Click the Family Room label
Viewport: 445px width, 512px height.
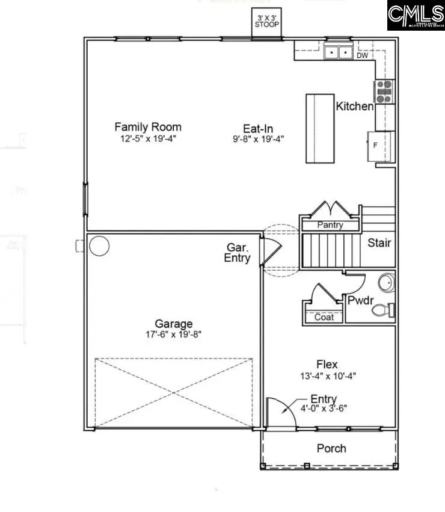coord(148,127)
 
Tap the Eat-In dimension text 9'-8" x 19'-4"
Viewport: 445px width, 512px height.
coord(259,138)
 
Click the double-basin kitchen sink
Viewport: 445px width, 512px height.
coord(339,53)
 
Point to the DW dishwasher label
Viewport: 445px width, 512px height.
coord(362,56)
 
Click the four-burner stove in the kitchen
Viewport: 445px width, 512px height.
coord(384,91)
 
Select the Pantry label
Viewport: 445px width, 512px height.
coord(330,225)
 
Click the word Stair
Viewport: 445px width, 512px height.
coord(379,243)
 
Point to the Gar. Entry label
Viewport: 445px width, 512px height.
coord(238,253)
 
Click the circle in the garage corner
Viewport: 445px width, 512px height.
coord(99,245)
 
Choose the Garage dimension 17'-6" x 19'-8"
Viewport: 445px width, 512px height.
coord(174,334)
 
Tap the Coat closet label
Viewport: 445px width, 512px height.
coord(324,317)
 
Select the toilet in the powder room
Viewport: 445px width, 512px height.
coord(382,310)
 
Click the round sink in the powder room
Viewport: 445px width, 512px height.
coord(385,282)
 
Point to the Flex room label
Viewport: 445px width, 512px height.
coord(327,364)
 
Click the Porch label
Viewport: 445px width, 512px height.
coord(331,448)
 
